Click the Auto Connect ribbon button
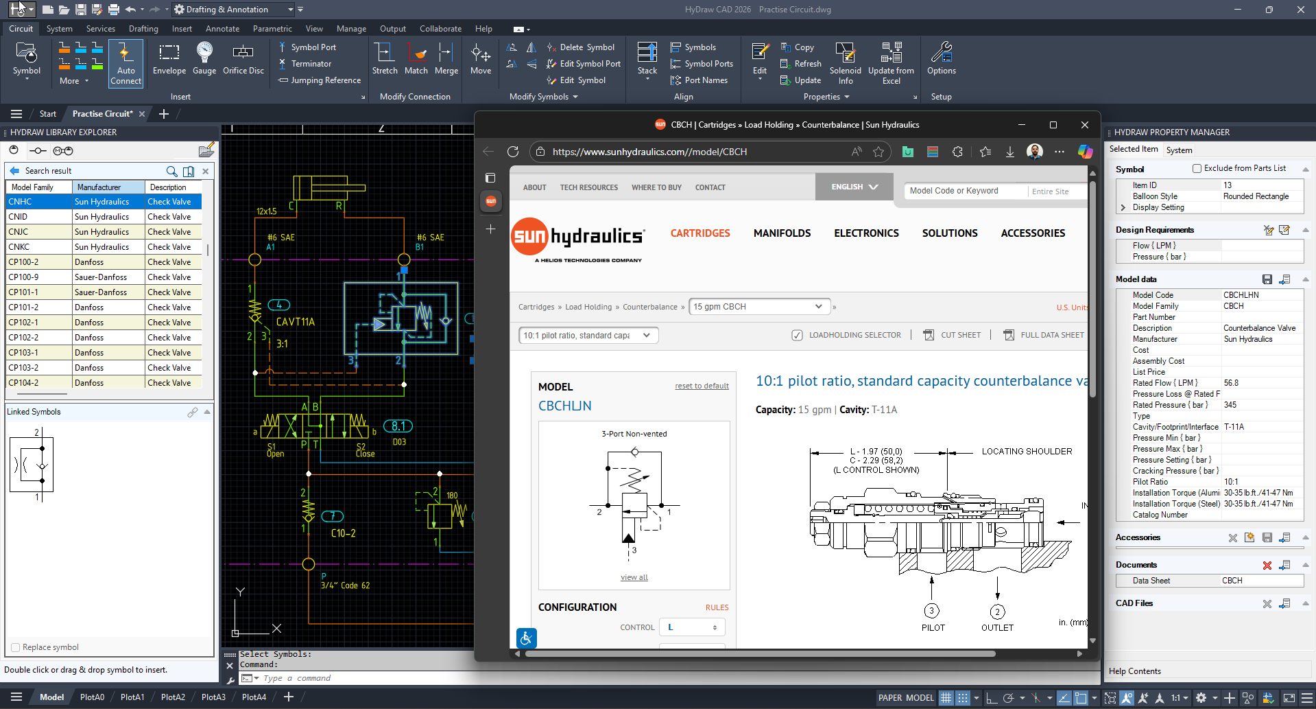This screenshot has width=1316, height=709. (125, 63)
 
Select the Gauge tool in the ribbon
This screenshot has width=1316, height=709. (204, 58)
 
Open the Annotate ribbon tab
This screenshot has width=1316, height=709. (222, 29)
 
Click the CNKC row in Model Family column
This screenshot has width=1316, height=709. (19, 247)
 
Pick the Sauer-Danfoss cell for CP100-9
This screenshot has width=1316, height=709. (101, 277)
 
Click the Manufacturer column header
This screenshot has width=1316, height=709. (99, 187)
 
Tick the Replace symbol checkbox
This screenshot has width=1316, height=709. (16, 647)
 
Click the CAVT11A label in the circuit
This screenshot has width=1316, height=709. (295, 322)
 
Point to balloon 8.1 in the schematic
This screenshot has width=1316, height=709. (398, 426)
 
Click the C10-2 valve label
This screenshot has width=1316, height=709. (343, 533)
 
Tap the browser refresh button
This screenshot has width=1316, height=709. (513, 152)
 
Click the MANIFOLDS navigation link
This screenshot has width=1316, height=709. (782, 233)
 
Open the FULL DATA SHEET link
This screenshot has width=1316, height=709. (1051, 335)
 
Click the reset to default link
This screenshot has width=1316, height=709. (702, 386)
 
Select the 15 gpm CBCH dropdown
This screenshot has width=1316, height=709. (758, 307)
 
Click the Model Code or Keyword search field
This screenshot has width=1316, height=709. (964, 191)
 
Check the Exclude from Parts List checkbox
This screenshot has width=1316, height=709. (1197, 168)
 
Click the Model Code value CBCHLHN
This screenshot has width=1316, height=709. (1241, 295)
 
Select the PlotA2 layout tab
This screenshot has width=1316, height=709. (173, 697)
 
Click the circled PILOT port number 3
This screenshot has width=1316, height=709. (931, 611)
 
